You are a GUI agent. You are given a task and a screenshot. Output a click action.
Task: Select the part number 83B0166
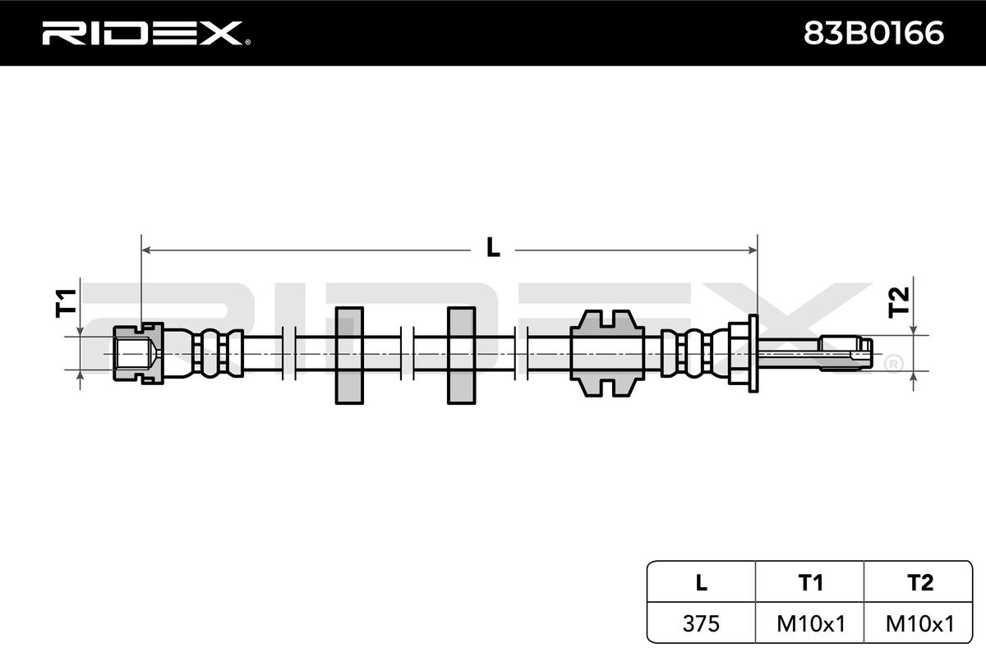coord(873,33)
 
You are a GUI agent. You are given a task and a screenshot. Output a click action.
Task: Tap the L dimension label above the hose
coord(493,246)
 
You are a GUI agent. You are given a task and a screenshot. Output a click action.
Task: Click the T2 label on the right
coord(900,301)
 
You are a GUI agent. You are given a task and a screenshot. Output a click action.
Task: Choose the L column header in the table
coord(701,582)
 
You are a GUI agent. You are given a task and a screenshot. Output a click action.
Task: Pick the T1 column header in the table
coord(810,582)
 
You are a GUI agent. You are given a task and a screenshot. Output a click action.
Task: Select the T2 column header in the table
coord(920,582)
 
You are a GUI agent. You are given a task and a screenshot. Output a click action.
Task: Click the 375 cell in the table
coord(701,624)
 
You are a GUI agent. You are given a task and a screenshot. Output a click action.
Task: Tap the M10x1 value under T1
coord(810,624)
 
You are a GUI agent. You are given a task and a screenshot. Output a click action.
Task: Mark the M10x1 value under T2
coord(920,624)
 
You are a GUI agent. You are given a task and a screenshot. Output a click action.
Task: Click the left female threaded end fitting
coord(136,352)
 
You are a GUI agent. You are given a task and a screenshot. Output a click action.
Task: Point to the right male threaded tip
coord(846,351)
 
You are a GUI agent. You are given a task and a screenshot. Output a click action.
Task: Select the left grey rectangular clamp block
coord(349,356)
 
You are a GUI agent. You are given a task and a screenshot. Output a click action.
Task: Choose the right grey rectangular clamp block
coord(461,356)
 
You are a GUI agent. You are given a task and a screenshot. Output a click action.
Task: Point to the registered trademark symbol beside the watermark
coord(892,363)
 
